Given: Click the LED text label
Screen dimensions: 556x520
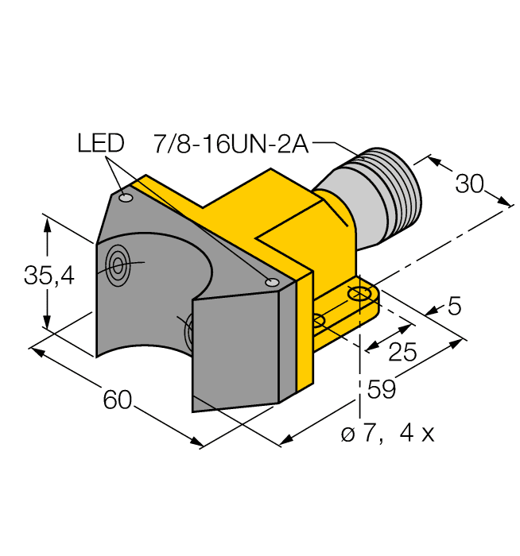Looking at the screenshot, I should (101, 143).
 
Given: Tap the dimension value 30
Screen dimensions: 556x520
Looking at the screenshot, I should (469, 184).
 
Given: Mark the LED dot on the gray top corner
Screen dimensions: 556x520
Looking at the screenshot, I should (125, 197).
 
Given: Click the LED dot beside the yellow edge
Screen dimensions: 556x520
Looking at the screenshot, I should (272, 282).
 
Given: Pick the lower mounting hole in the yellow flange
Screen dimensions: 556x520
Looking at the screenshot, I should (318, 321).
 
